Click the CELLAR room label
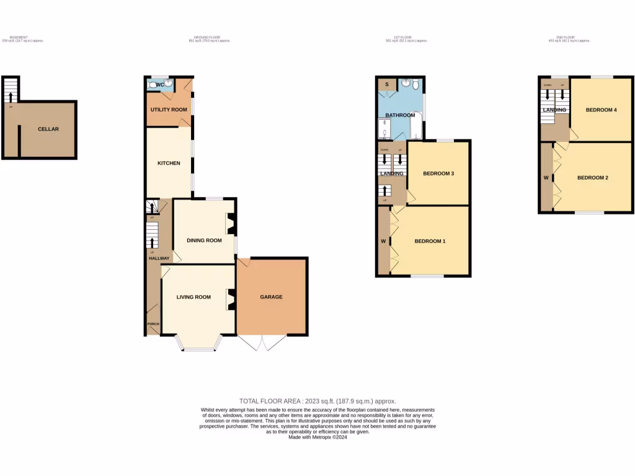pos(48,129)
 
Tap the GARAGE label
pos(271,297)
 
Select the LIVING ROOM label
pos(193,297)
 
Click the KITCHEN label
pos(169,163)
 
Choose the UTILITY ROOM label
pos(169,110)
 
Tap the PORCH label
pos(153,324)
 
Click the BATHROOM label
pos(400,115)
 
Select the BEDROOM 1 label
pos(430,240)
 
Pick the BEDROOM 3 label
pos(439,174)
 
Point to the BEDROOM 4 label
pos(602,110)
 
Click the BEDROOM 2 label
pos(593,178)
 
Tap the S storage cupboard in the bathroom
pos(386,84)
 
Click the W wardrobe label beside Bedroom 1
pos(383,240)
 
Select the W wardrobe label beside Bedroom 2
pos(546,178)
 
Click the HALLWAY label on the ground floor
pos(159,258)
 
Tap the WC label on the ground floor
pos(159,84)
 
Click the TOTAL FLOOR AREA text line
pos(317,401)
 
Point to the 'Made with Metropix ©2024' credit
pos(317,437)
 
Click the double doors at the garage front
pos(263,343)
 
